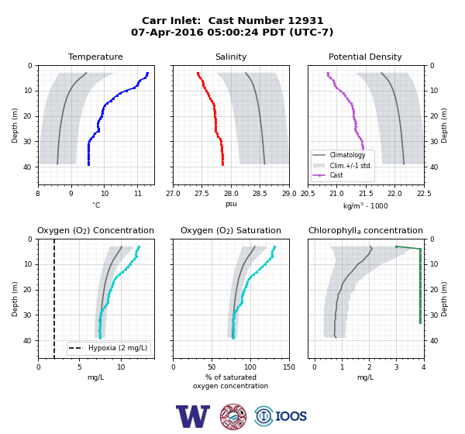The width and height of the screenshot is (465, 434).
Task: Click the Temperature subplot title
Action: pyautogui.click(x=95, y=57)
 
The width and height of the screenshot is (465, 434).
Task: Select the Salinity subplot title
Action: pyautogui.click(x=231, y=57)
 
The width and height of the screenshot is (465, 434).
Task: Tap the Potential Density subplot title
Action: pyautogui.click(x=365, y=57)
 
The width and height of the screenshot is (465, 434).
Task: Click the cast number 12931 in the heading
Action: pyautogui.click(x=306, y=21)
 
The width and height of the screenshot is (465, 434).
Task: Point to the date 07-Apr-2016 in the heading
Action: pyautogui.click(x=167, y=32)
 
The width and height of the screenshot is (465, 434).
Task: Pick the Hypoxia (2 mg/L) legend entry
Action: pyautogui.click(x=108, y=348)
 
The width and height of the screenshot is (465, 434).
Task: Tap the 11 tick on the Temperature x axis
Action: pyautogui.click(x=138, y=194)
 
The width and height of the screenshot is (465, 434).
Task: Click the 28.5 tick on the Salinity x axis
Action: pyautogui.click(x=260, y=194)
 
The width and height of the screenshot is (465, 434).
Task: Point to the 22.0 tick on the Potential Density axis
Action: pyautogui.click(x=395, y=194)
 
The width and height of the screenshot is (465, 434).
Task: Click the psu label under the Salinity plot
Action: pyautogui.click(x=231, y=204)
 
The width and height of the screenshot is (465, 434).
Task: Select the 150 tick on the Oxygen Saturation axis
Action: pyautogui.click(x=289, y=367)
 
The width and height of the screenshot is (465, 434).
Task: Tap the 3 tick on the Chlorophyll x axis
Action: pyautogui.click(x=397, y=367)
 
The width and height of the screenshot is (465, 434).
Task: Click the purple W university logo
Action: pyautogui.click(x=193, y=416)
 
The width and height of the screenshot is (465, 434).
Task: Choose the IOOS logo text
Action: pyautogui.click(x=291, y=416)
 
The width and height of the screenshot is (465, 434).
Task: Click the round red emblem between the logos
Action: pyautogui.click(x=233, y=416)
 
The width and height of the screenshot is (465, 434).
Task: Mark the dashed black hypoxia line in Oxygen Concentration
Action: pyautogui.click(x=54, y=298)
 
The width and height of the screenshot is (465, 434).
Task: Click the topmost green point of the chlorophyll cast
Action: pyautogui.click(x=397, y=246)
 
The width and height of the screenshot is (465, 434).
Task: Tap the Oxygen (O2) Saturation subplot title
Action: pyautogui.click(x=231, y=230)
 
